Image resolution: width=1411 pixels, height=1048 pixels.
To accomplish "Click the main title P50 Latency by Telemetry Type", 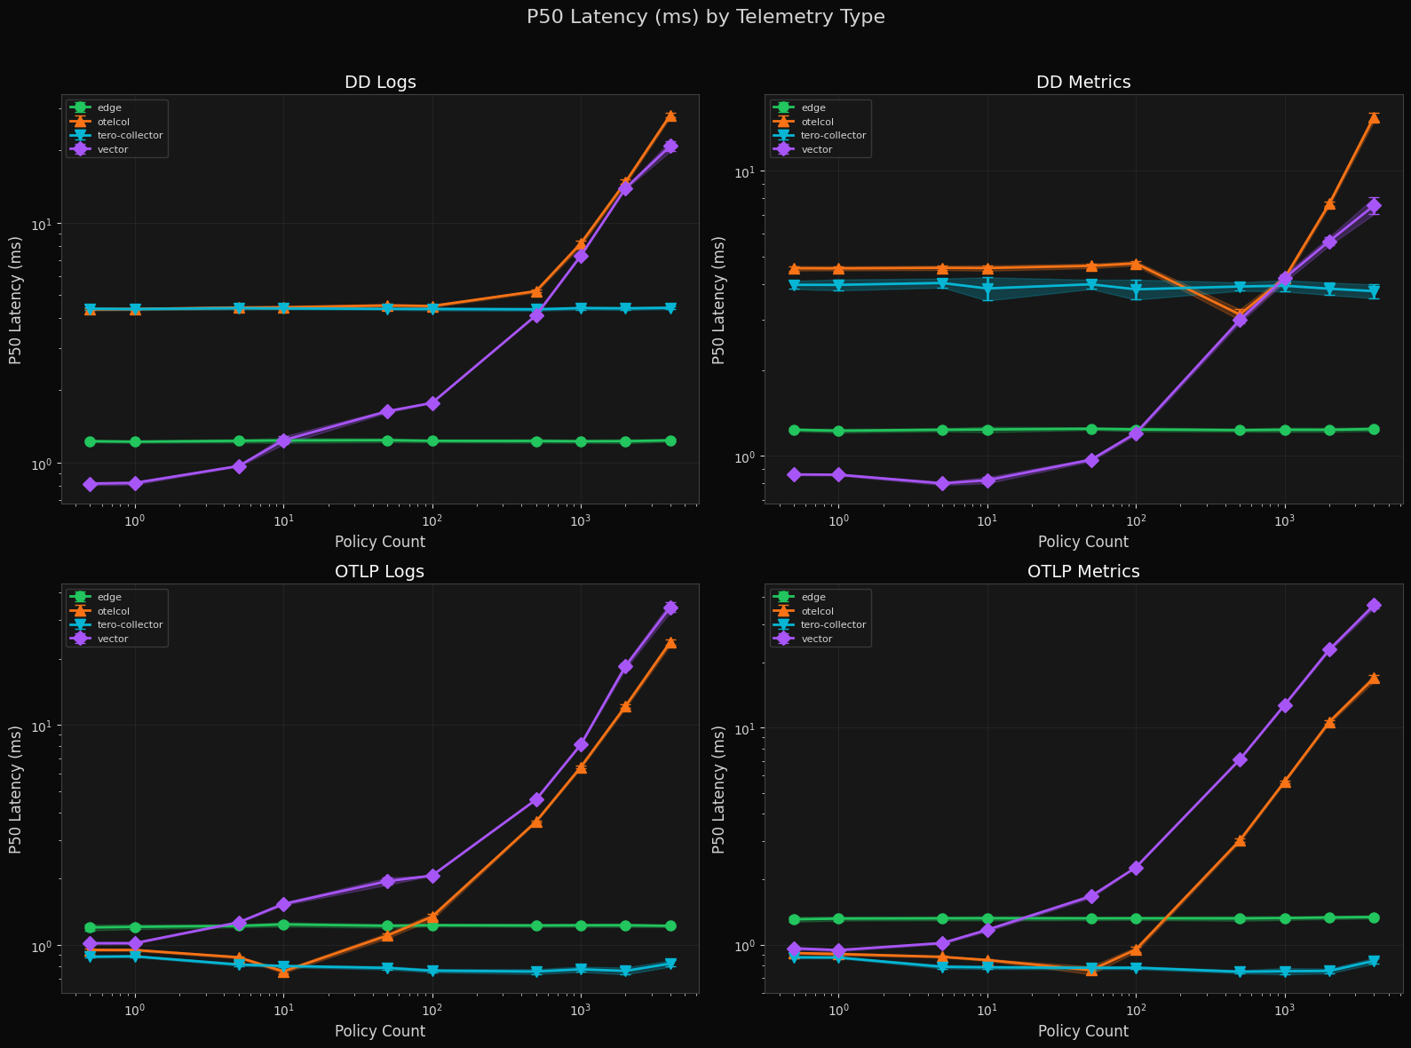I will click(x=705, y=17).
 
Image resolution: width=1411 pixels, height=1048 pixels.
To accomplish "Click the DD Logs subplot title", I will click(x=380, y=83).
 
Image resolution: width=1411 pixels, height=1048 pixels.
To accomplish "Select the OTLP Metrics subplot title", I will click(x=1083, y=572).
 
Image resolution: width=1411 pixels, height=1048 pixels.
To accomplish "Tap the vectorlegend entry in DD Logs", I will click(x=113, y=149).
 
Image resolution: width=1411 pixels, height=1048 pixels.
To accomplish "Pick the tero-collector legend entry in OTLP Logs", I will click(x=130, y=624).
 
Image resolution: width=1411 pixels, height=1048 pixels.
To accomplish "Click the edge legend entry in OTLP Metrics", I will click(x=808, y=597).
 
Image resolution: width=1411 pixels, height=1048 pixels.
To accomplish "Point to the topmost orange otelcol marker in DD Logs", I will click(x=670, y=115).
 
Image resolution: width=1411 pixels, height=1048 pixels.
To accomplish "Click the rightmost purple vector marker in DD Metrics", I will click(x=1374, y=206).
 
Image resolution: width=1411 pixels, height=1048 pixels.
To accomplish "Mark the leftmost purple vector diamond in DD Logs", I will click(x=90, y=484).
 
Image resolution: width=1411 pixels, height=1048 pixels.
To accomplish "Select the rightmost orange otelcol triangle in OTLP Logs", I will click(x=670, y=642).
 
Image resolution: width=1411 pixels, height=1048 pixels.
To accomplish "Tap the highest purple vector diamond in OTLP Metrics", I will click(x=1374, y=605).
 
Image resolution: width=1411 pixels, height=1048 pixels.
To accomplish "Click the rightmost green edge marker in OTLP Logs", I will click(x=670, y=926).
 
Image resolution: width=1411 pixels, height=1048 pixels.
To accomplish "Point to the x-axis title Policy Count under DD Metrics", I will click(x=1082, y=542).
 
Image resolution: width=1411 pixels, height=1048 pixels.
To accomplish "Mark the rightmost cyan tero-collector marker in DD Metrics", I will click(x=1374, y=292).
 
